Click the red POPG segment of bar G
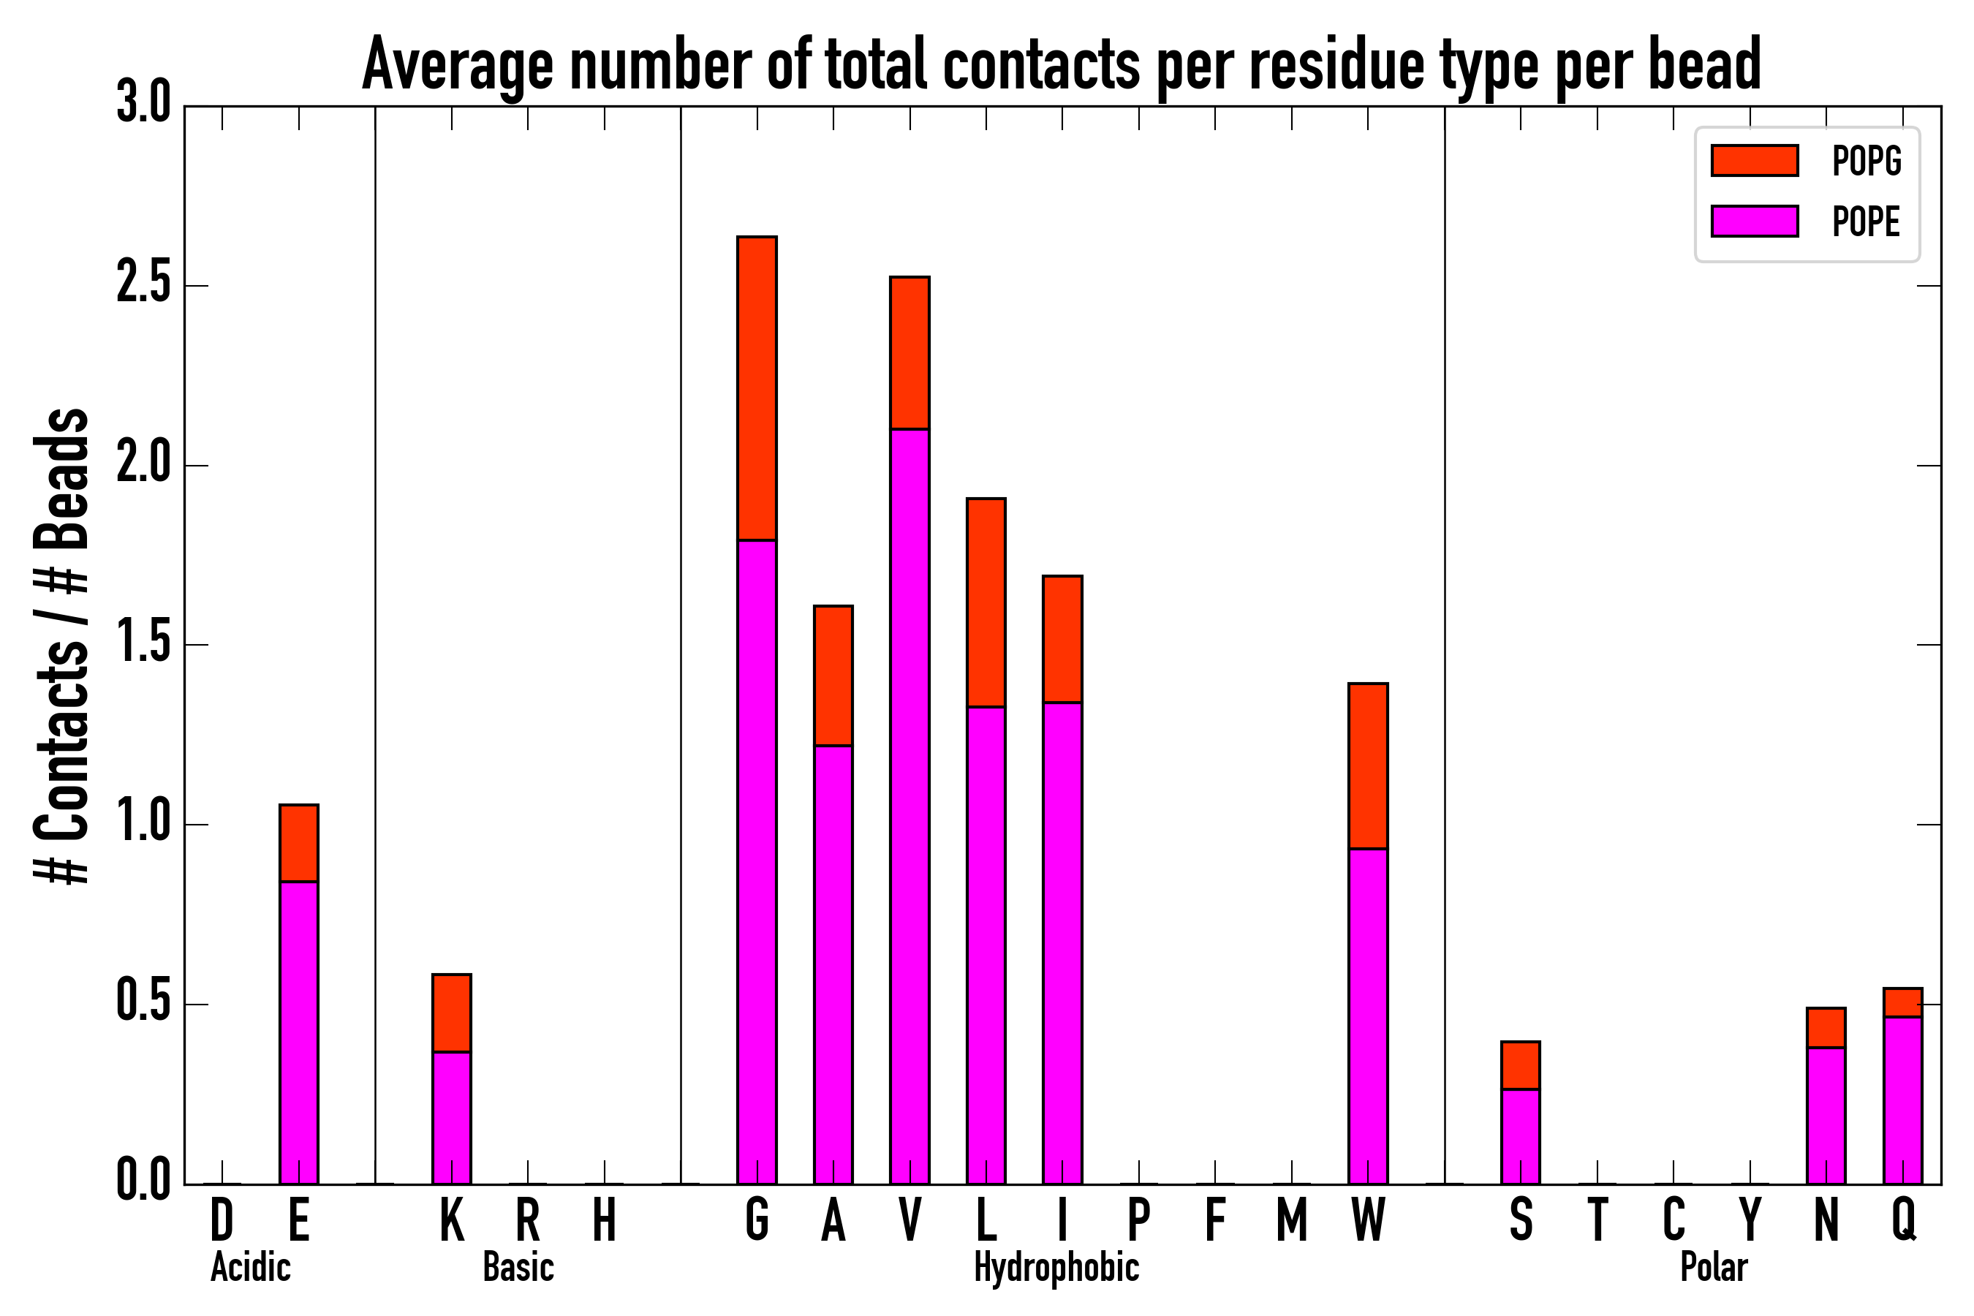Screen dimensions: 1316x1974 [x=756, y=389]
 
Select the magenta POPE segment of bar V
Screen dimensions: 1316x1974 [x=909, y=806]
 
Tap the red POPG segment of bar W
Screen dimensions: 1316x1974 [x=1367, y=766]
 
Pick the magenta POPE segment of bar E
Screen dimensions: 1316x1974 [x=299, y=1032]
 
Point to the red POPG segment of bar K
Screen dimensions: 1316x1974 [x=452, y=1013]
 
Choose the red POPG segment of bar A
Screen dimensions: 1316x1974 [x=833, y=676]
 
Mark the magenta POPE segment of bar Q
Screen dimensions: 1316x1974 [x=1902, y=1100]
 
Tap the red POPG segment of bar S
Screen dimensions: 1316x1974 [x=1520, y=1066]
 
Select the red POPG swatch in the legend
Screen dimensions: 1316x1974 [x=1754, y=160]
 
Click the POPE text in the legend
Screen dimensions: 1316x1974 [x=1865, y=222]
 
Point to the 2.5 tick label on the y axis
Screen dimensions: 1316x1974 [x=143, y=284]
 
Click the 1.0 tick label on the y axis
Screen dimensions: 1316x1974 [x=143, y=823]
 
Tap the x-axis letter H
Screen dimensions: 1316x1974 [x=605, y=1219]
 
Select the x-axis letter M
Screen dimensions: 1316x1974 [x=1292, y=1219]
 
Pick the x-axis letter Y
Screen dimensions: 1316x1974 [x=1750, y=1219]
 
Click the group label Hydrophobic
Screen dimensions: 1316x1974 [x=1056, y=1267]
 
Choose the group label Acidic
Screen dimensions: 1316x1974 [x=250, y=1267]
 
